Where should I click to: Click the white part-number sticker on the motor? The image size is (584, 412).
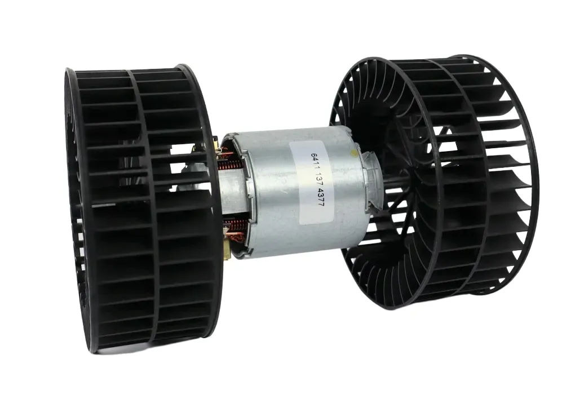pos(312,183)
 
